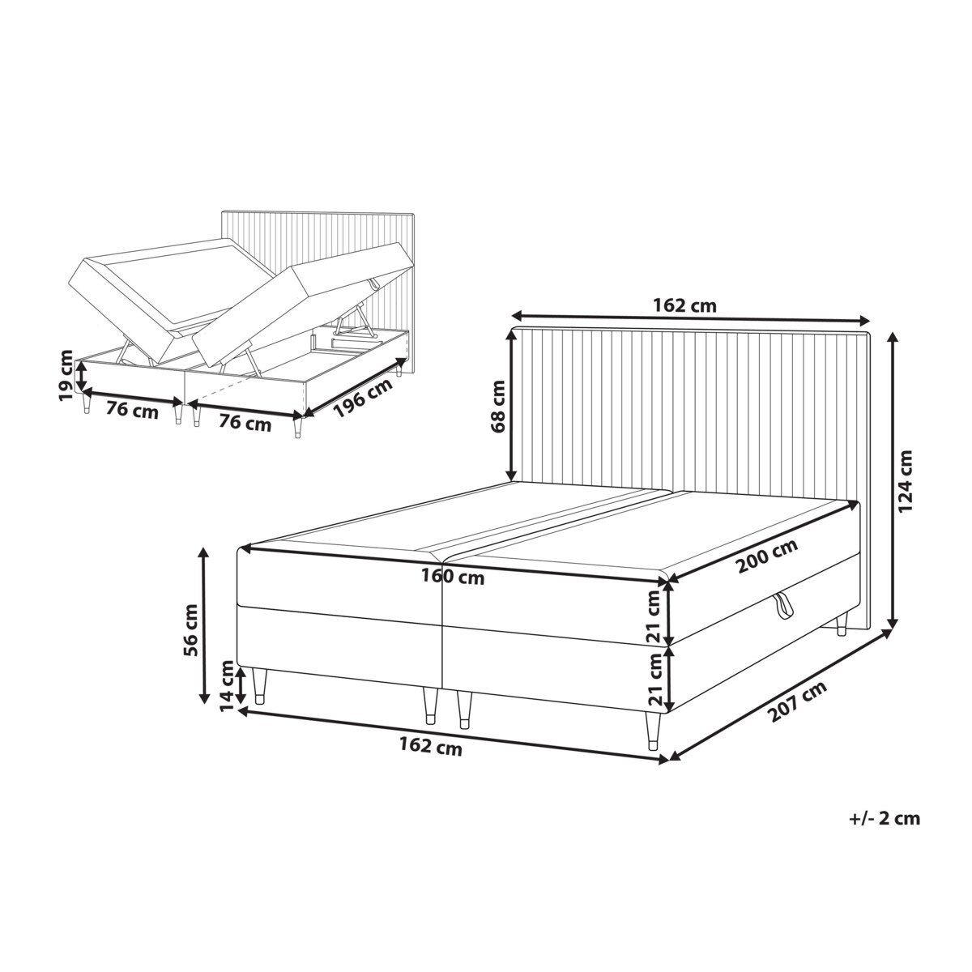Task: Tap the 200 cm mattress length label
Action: tap(767, 556)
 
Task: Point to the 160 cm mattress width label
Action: tap(453, 577)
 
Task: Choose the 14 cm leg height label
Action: tap(228, 687)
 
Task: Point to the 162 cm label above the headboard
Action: tap(684, 305)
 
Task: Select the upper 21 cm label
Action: tap(654, 616)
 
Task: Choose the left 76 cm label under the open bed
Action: tap(132, 411)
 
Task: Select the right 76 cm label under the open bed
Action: tap(245, 423)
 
